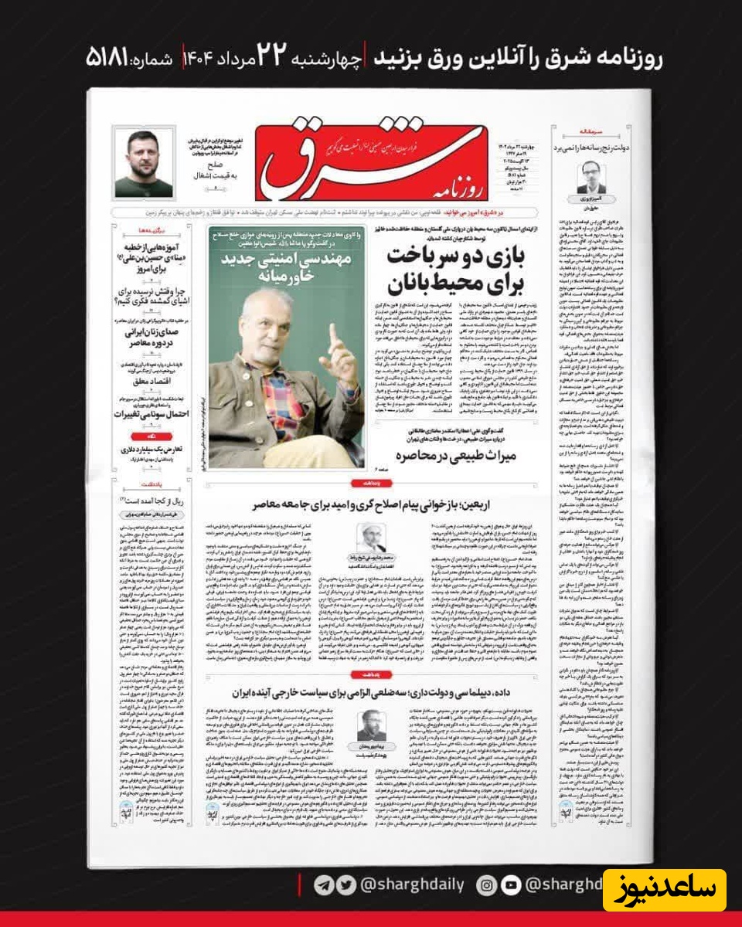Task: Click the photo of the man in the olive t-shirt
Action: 144,163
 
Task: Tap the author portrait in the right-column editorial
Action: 592,177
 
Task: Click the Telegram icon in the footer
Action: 325,885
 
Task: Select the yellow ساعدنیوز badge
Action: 664,890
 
